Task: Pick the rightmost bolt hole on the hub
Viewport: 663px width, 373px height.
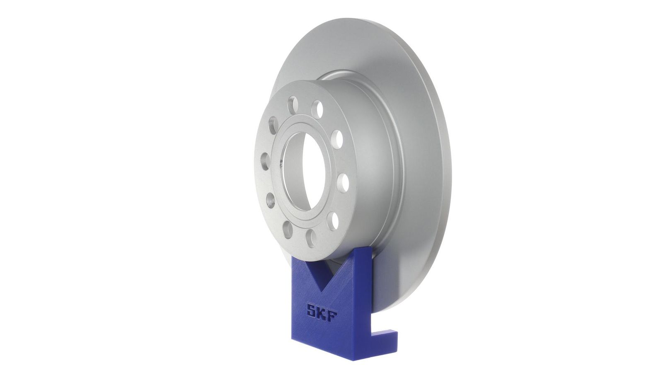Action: pyautogui.click(x=344, y=183)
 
